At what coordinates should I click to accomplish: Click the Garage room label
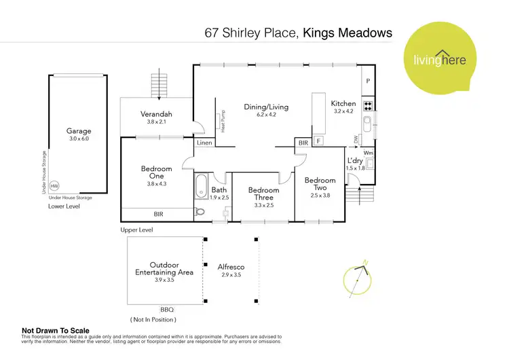[78, 130]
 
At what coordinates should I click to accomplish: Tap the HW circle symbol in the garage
[54, 185]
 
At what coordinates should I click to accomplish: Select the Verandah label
[156, 114]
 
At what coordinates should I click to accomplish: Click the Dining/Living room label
[267, 107]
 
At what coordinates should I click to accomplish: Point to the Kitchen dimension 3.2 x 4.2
[343, 111]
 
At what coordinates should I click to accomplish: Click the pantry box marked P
[368, 80]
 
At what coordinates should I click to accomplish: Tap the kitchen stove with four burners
[368, 105]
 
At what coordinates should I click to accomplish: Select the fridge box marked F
[318, 142]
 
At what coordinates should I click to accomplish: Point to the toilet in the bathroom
[200, 212]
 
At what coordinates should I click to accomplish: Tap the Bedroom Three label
[263, 194]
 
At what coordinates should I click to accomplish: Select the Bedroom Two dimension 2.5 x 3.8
[320, 196]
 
